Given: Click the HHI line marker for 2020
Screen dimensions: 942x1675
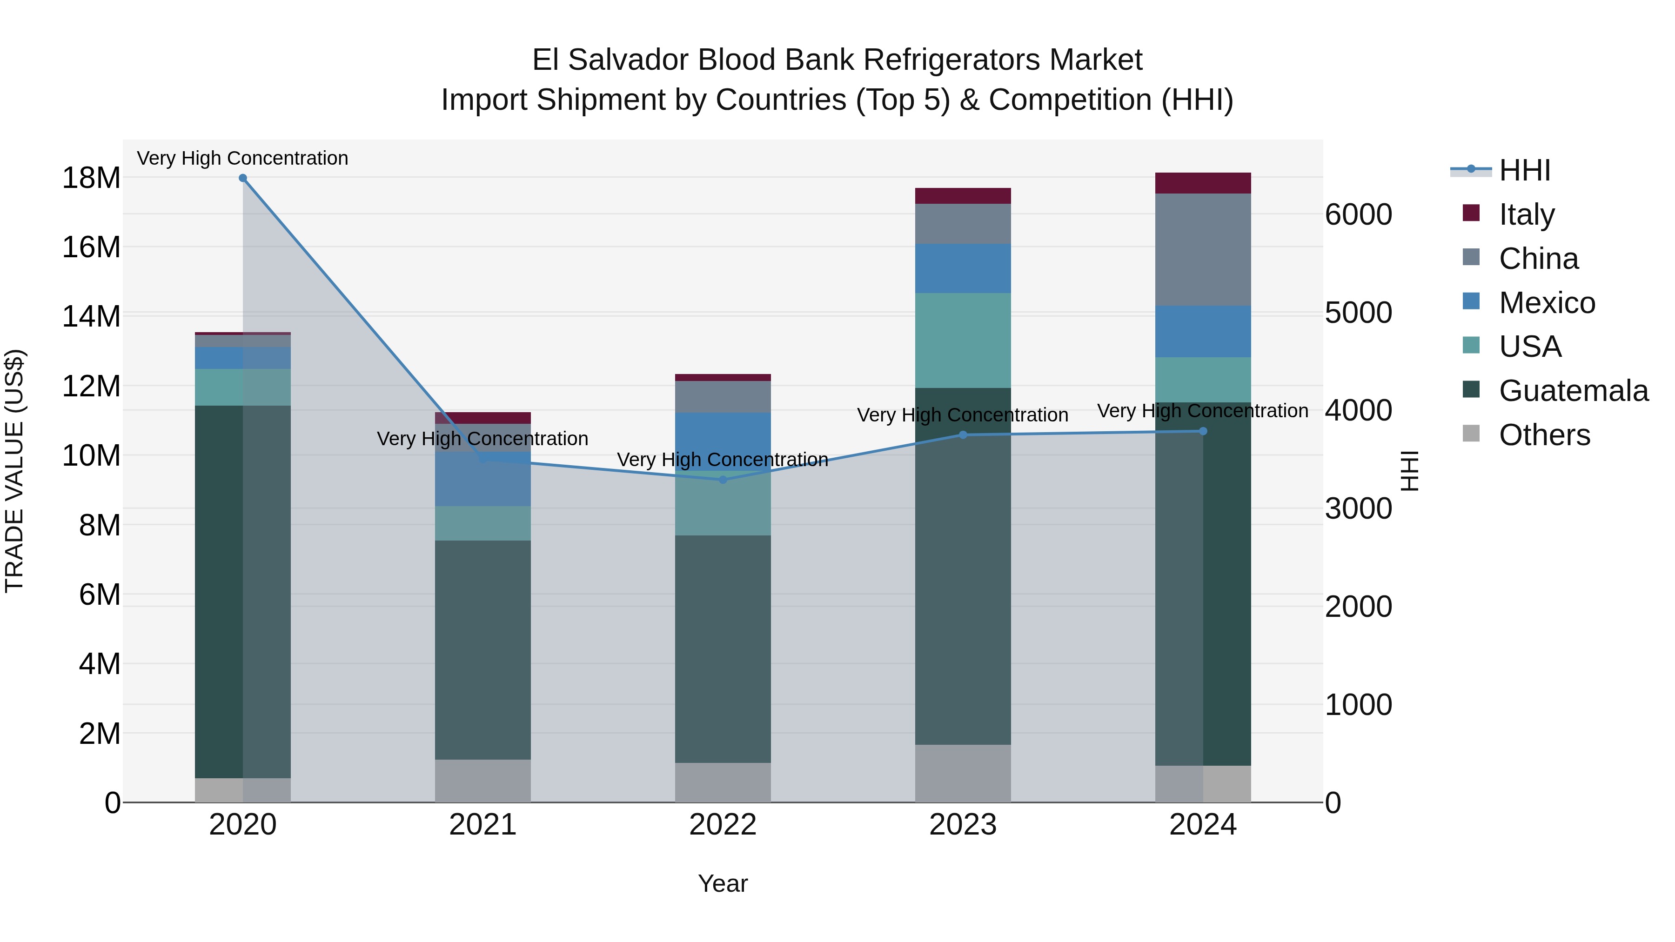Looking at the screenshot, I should coord(242,178).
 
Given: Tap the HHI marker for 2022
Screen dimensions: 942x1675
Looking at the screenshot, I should coord(723,480).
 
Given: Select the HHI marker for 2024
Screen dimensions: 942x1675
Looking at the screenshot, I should coord(1203,431).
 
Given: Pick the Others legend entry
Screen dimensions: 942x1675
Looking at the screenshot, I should coord(1544,435).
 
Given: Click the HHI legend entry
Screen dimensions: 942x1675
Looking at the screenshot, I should coord(1524,170).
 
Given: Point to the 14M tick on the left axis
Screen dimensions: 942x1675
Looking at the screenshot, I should coord(91,317).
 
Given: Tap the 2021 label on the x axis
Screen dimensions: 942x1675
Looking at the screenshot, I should coord(482,825).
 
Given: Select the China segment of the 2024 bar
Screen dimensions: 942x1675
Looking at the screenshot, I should coord(1203,250).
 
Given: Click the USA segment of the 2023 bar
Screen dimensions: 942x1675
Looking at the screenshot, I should coord(963,340).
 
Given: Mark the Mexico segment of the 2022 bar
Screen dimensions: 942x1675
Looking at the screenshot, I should coord(723,441).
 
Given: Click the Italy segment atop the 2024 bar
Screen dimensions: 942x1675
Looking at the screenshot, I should coord(1203,183).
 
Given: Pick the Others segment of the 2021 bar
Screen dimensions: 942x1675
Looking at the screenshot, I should coord(482,781).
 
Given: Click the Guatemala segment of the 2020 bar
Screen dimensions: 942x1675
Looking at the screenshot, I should coord(219,592).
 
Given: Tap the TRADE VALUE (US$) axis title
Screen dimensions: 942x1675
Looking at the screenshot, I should coord(14,471).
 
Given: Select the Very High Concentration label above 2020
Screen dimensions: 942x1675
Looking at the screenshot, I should coord(242,158).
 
